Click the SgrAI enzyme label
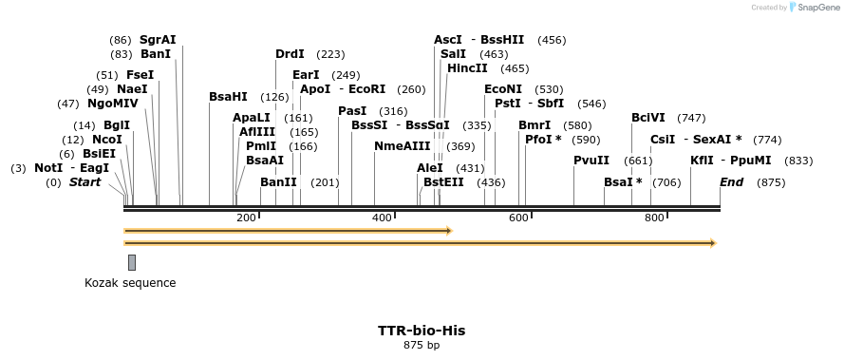pyautogui.click(x=158, y=40)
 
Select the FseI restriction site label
pyautogui.click(x=140, y=75)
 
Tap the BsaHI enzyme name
pyautogui.click(x=228, y=97)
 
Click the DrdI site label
pyautogui.click(x=290, y=54)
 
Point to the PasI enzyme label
pyautogui.click(x=352, y=111)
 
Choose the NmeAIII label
pyautogui.click(x=402, y=146)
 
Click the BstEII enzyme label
pyautogui.click(x=443, y=181)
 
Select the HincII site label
pyautogui.click(x=467, y=68)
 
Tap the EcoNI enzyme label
pyautogui.click(x=503, y=89)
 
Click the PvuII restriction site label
pyautogui.click(x=591, y=160)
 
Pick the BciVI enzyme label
pyautogui.click(x=647, y=118)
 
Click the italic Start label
pyautogui.click(x=84, y=181)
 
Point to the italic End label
pyautogui.click(x=731, y=181)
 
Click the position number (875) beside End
pyautogui.click(x=771, y=182)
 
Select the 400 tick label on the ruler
pyautogui.click(x=382, y=218)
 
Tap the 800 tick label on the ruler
pyautogui.click(x=653, y=218)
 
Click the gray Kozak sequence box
pyautogui.click(x=132, y=262)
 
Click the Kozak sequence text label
pyautogui.click(x=130, y=283)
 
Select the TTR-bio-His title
pyautogui.click(x=422, y=331)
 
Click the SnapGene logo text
pyautogui.click(x=816, y=8)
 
